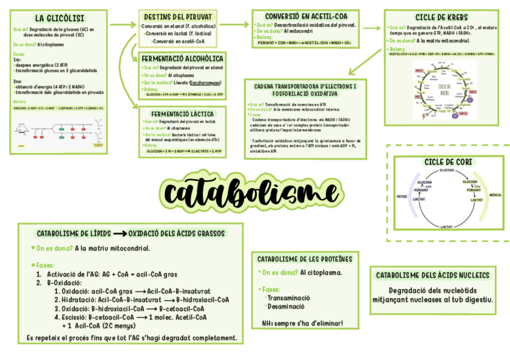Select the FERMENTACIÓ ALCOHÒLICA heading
[182, 58]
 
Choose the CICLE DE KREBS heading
[441, 17]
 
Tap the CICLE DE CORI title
[447, 162]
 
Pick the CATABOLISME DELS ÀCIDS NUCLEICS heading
[432, 275]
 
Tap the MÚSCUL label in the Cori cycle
[496, 195]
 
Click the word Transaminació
[289, 297]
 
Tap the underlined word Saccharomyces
[206, 82]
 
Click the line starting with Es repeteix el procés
[132, 338]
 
